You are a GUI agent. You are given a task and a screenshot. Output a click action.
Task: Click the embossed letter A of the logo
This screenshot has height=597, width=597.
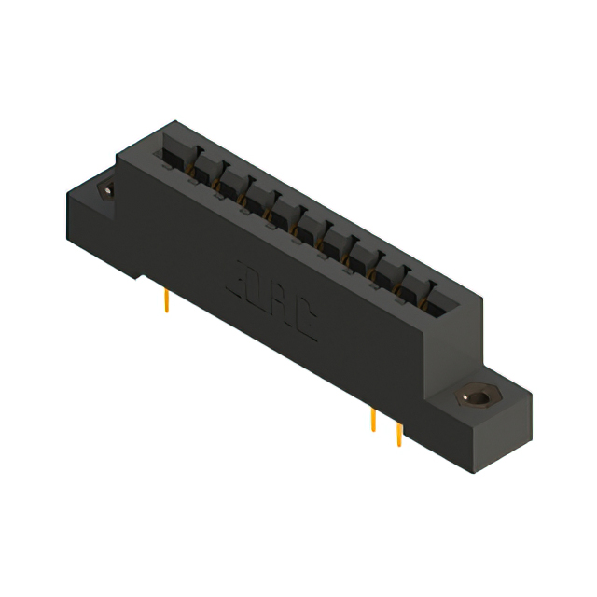click(284, 308)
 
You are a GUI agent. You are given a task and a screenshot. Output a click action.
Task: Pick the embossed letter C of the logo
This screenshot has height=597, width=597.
click(307, 325)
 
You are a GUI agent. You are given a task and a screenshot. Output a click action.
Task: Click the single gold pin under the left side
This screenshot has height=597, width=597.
click(166, 301)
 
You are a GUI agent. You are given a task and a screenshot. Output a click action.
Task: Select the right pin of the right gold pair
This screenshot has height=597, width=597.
click(399, 433)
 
